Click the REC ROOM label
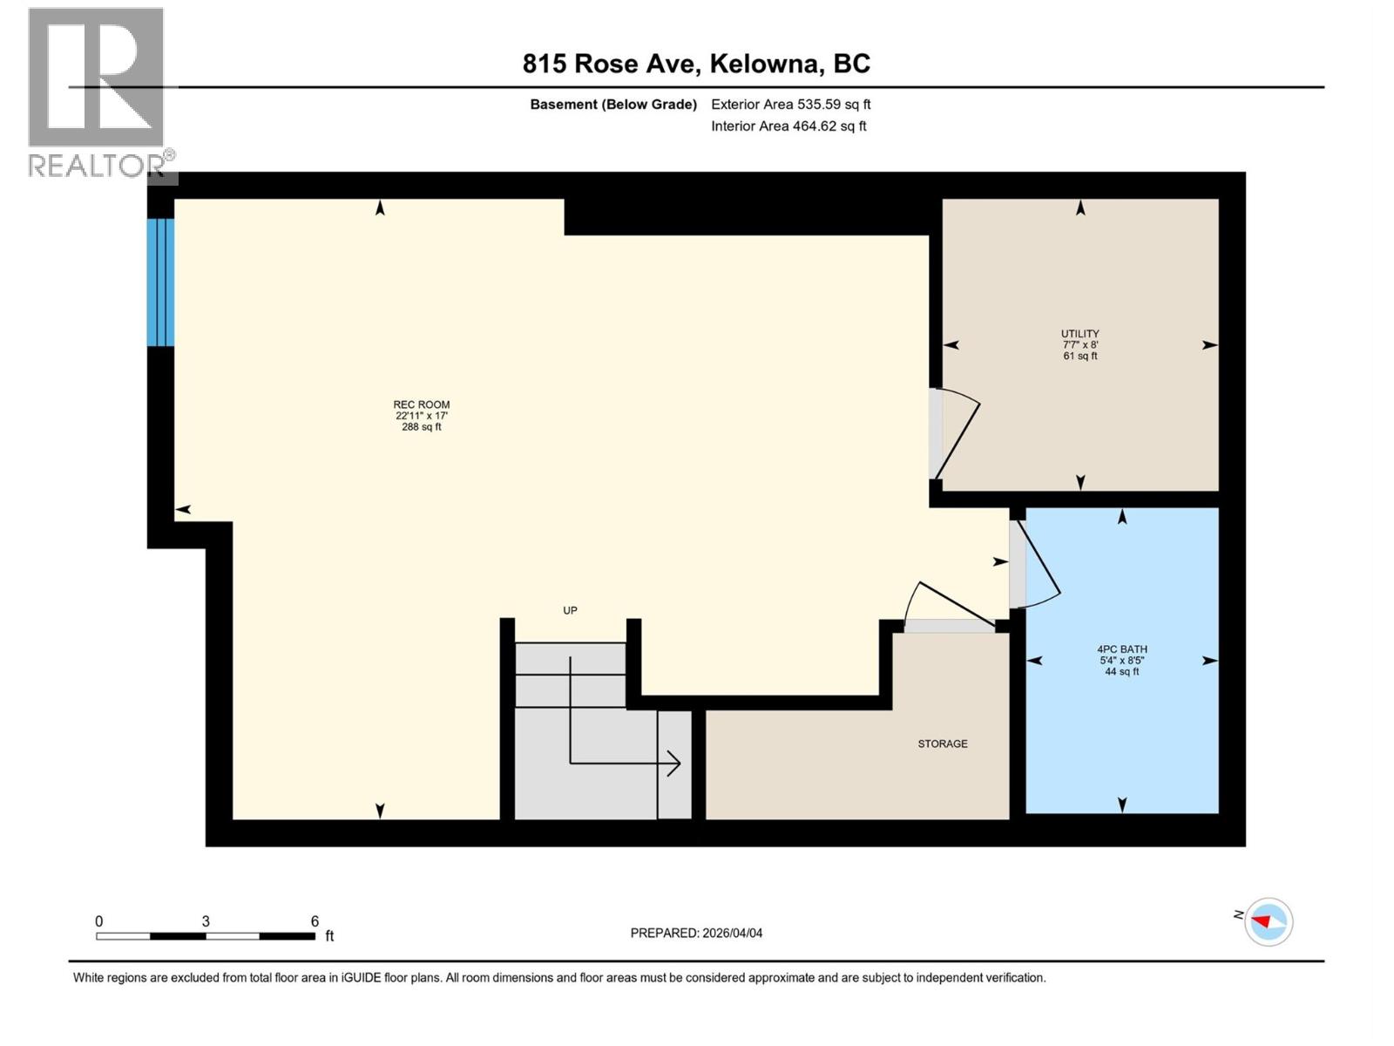point(422,405)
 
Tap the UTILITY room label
point(1079,334)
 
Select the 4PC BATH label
point(1121,649)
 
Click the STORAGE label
point(942,744)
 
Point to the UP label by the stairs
point(570,610)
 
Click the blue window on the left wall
point(160,282)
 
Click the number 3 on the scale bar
point(206,921)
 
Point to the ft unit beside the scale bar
point(329,936)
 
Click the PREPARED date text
point(696,933)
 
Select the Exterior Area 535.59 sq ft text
point(790,105)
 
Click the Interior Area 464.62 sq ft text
point(788,126)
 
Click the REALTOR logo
point(98,92)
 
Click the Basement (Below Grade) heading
point(613,105)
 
